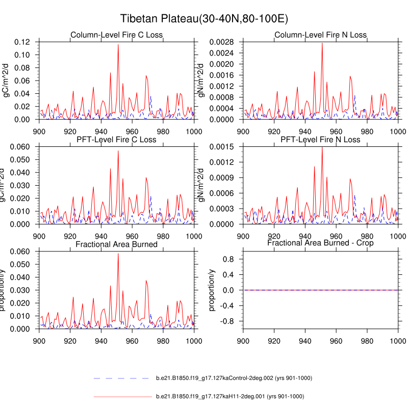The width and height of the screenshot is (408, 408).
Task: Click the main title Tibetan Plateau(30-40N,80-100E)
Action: point(204,19)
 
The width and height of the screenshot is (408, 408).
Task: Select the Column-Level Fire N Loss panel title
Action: point(320,35)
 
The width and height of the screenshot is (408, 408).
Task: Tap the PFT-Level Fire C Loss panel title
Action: point(116,139)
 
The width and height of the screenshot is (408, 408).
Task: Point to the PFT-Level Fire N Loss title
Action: point(320,139)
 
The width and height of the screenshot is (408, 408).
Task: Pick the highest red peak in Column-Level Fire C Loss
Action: point(118,45)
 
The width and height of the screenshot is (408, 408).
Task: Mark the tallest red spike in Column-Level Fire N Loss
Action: point(322,43)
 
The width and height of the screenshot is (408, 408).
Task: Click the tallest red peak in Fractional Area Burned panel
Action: point(118,254)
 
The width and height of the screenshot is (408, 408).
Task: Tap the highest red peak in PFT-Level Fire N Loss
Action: point(322,148)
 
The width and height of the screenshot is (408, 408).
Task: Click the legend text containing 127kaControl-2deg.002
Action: point(234,378)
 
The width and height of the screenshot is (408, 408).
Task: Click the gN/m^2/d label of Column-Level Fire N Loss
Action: point(202,80)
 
